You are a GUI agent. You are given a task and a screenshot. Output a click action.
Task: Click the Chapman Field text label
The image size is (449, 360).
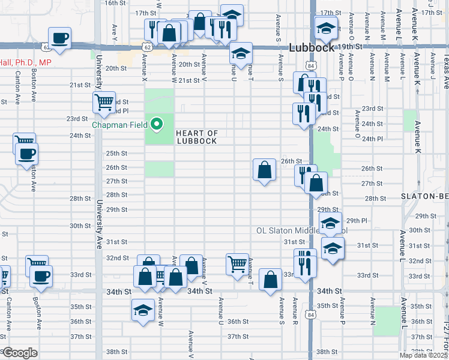[x=120, y=125]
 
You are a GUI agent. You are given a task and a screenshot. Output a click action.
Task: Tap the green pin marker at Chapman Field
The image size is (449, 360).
[x=157, y=124]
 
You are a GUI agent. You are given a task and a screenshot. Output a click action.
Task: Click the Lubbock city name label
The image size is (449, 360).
[x=309, y=48]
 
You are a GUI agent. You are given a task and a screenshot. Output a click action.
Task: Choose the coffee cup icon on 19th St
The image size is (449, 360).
[x=59, y=38]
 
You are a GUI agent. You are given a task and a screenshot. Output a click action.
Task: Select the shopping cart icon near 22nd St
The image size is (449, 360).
[x=104, y=103]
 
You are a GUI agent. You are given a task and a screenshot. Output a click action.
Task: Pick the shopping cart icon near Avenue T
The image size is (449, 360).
[x=238, y=263]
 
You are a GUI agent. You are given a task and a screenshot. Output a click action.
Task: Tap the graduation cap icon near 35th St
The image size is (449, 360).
[x=142, y=310]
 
